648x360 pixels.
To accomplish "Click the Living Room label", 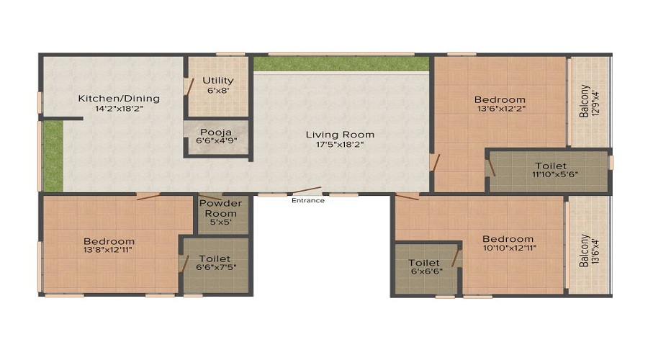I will pyautogui.click(x=340, y=135).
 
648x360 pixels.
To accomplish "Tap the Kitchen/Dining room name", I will pyautogui.click(x=119, y=99).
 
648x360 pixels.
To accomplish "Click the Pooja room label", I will pyautogui.click(x=215, y=132).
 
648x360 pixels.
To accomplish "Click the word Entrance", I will pyautogui.click(x=307, y=200).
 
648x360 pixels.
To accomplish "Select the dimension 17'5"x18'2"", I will pyautogui.click(x=340, y=145).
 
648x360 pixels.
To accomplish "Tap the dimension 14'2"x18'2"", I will pyautogui.click(x=119, y=109).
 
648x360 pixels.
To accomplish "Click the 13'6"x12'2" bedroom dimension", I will pyautogui.click(x=500, y=110).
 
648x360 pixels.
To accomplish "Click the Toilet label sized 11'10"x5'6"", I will pyautogui.click(x=551, y=166).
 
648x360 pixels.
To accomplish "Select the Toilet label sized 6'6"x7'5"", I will pyautogui.click(x=215, y=258).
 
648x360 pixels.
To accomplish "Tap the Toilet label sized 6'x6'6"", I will pyautogui.click(x=424, y=263).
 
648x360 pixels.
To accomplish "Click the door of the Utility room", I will pyautogui.click(x=189, y=86).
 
